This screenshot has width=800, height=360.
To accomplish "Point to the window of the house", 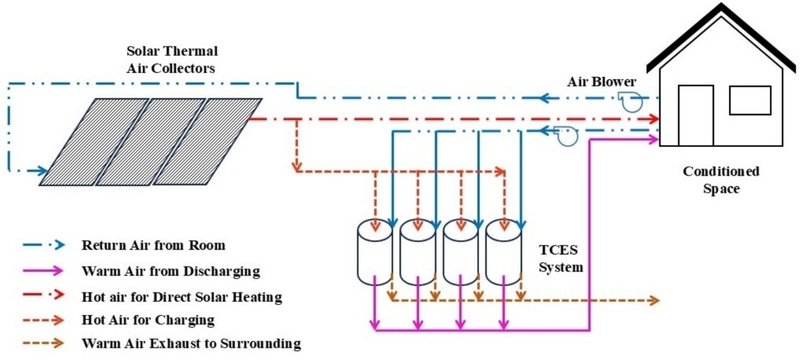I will pos(748,101).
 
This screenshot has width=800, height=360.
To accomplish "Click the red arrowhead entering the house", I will pos(655,119).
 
